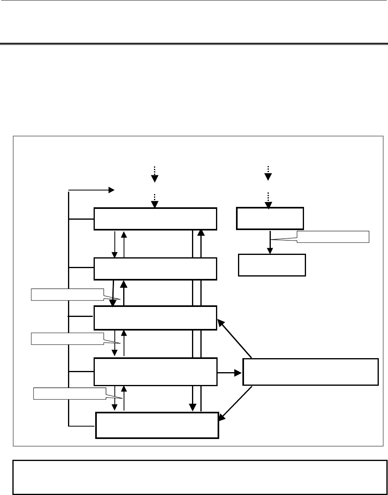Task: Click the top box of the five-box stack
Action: (x=155, y=218)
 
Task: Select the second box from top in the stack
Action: (x=155, y=269)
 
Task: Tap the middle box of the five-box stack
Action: (x=155, y=318)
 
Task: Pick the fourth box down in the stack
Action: (x=155, y=372)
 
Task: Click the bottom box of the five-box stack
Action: (x=157, y=425)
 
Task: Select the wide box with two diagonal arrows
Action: (x=310, y=372)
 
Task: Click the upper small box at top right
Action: (x=270, y=218)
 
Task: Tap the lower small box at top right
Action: (x=272, y=265)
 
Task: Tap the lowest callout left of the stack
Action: (x=69, y=393)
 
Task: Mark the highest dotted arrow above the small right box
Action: (x=268, y=172)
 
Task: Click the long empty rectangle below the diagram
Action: (x=200, y=477)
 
